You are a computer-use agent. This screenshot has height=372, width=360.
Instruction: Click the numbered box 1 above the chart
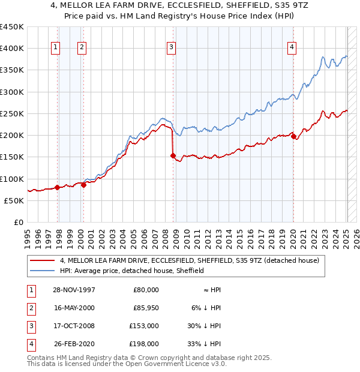(55, 48)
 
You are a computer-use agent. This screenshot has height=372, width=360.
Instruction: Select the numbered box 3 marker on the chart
(172, 48)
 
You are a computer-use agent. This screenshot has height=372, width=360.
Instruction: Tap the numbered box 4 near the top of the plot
(292, 48)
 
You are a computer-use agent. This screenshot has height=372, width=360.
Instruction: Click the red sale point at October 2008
(173, 156)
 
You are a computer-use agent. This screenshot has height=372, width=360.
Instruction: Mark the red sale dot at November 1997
(58, 187)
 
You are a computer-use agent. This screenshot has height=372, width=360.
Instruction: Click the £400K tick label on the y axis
(12, 49)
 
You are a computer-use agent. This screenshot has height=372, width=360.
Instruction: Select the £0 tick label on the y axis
(19, 222)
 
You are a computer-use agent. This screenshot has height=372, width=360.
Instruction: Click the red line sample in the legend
(43, 260)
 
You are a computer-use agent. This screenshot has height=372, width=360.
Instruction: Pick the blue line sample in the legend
(43, 271)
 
